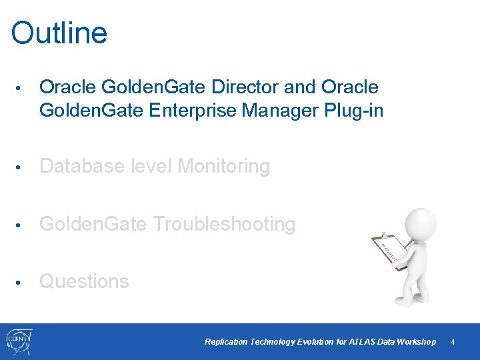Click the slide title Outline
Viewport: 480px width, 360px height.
point(59,33)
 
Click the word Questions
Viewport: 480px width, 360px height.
point(84,281)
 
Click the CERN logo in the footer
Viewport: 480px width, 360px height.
point(18,341)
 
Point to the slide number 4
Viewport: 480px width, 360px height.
point(453,342)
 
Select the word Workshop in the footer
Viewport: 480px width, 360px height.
point(416,342)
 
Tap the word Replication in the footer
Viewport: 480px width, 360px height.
point(226,342)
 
